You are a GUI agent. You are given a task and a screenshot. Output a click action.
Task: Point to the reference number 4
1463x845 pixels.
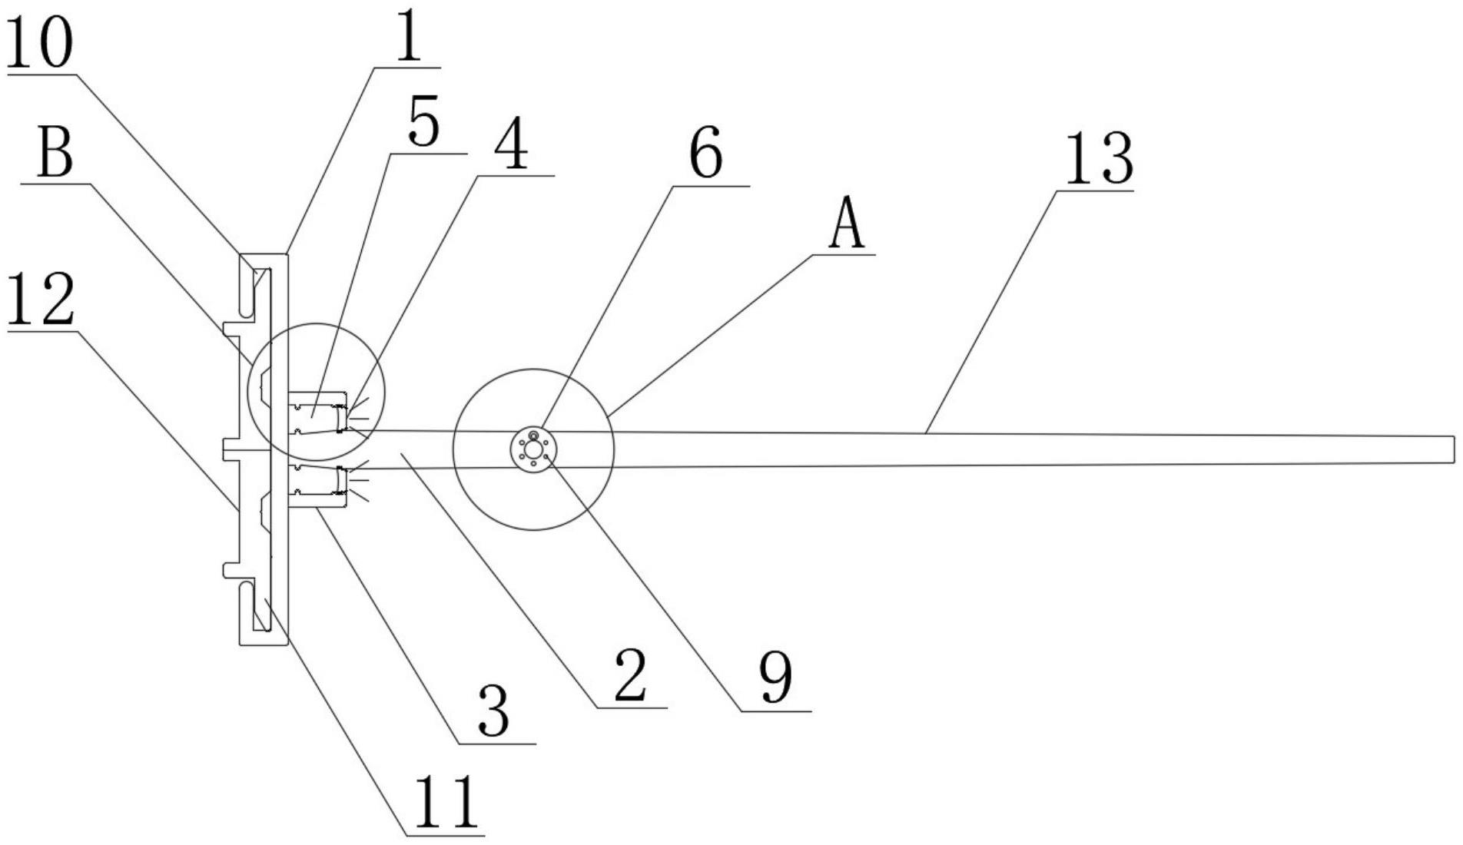(x=511, y=144)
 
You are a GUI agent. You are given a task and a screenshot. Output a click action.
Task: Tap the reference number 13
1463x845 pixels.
(x=1098, y=159)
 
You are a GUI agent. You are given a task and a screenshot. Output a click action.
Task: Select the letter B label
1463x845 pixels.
(x=55, y=154)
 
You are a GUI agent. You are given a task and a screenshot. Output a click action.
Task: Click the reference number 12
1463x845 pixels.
(x=40, y=300)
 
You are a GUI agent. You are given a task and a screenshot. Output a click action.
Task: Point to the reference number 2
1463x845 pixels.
(x=630, y=675)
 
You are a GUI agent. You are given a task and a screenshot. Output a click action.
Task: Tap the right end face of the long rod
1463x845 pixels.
(x=1453, y=449)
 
